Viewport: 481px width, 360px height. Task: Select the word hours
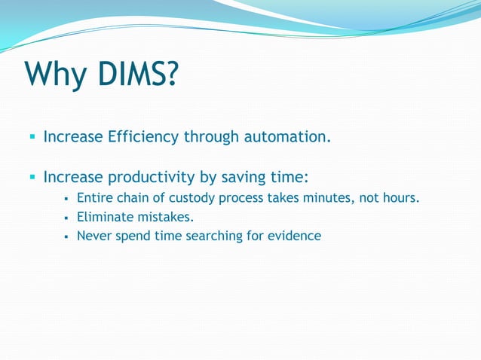point(400,199)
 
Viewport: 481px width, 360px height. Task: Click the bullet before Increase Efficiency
point(32,138)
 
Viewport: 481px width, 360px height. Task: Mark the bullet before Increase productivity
point(32,178)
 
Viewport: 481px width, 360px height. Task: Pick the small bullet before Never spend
point(67,236)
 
